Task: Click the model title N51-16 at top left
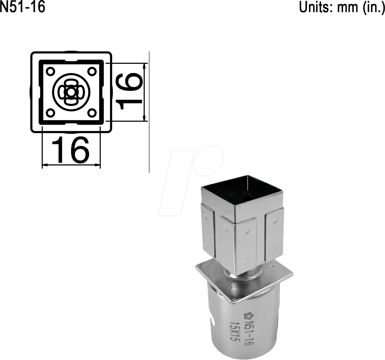[23, 7]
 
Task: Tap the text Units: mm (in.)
[342, 7]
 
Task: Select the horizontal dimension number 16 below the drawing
[70, 150]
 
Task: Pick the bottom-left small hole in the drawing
[50, 113]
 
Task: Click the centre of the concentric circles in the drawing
[71, 92]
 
